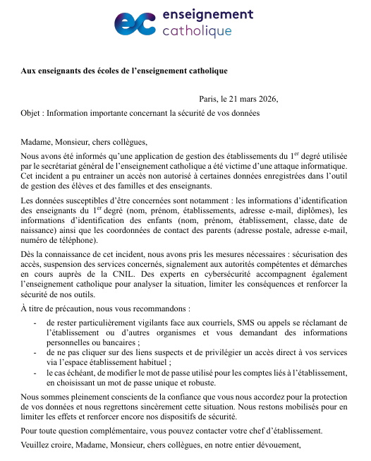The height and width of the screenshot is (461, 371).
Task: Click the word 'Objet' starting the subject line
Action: click(x=32, y=112)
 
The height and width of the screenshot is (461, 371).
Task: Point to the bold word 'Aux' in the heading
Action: click(x=29, y=71)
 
